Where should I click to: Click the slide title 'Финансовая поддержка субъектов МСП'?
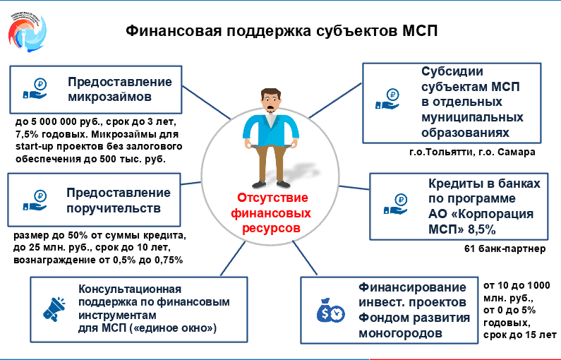[281, 32]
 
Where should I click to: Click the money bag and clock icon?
[330, 308]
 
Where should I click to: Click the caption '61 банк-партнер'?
[505, 249]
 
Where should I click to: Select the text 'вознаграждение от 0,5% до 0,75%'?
[99, 260]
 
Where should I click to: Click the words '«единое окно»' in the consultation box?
[182, 328]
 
